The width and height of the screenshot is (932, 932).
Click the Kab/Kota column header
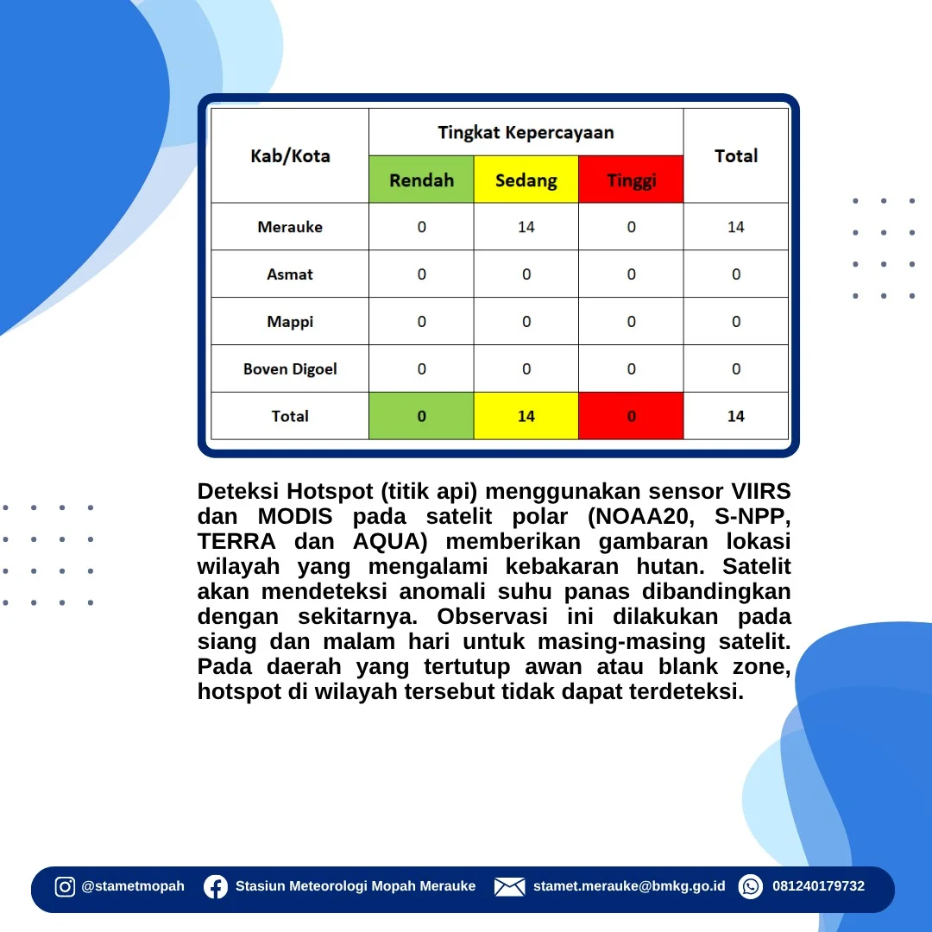pyautogui.click(x=290, y=155)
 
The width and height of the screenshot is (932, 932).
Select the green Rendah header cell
pyautogui.click(x=421, y=179)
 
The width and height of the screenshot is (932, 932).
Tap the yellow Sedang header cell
pyautogui.click(x=526, y=179)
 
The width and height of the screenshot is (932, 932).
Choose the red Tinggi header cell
pyautogui.click(x=631, y=179)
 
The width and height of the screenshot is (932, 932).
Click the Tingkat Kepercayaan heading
pyautogui.click(x=526, y=132)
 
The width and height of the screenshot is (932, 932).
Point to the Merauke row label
pyautogui.click(x=290, y=226)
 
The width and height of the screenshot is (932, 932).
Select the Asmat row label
pyautogui.click(x=290, y=274)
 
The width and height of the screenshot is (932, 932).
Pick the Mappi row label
pyautogui.click(x=290, y=322)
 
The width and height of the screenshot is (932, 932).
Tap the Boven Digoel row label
pyautogui.click(x=290, y=369)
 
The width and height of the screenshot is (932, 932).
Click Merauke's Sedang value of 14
pyautogui.click(x=526, y=226)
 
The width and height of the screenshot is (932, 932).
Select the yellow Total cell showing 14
pyautogui.click(x=526, y=416)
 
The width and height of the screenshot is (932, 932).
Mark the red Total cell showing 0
pyautogui.click(x=631, y=416)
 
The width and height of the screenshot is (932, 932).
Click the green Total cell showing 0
pyautogui.click(x=421, y=416)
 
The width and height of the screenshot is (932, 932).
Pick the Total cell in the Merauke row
pyautogui.click(x=736, y=226)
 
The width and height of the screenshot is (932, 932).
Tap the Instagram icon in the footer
pyautogui.click(x=65, y=886)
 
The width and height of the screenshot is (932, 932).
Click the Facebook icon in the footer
pyautogui.click(x=216, y=887)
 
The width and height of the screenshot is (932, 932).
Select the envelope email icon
pyautogui.click(x=509, y=887)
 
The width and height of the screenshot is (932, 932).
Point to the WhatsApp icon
pyautogui.click(x=751, y=887)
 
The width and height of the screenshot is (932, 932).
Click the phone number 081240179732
pyautogui.click(x=818, y=886)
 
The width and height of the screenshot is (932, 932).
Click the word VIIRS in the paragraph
pyautogui.click(x=761, y=492)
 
